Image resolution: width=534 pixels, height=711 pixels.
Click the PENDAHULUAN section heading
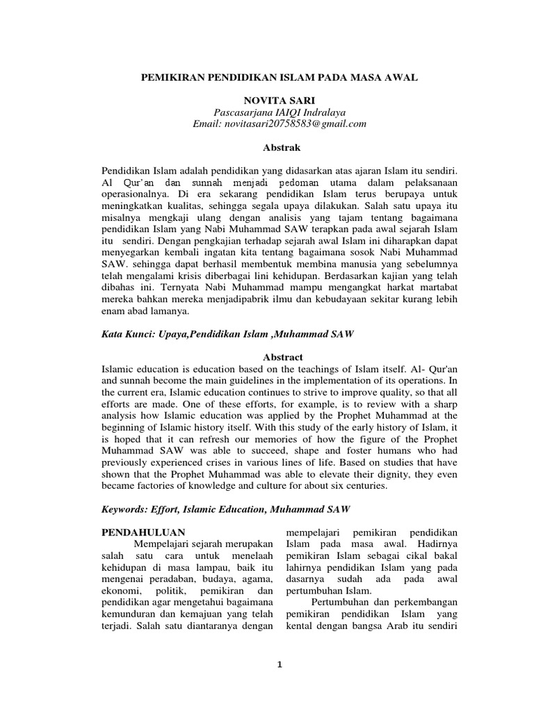point(143,532)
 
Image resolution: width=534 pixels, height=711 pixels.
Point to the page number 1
point(279,665)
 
